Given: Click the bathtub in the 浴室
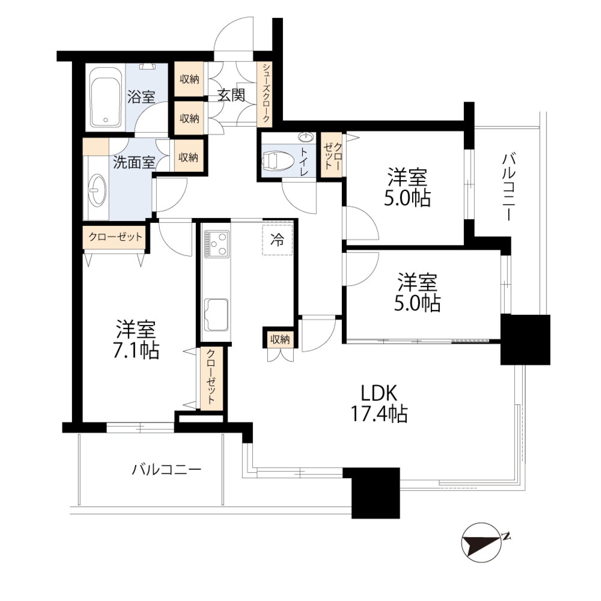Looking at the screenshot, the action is [105, 98].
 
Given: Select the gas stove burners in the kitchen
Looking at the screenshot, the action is [217, 244].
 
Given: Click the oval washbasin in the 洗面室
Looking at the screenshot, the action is [97, 190].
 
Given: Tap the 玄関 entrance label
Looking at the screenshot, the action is [231, 95].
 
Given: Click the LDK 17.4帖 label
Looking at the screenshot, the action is [379, 404].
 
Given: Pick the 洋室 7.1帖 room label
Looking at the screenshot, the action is [136, 339].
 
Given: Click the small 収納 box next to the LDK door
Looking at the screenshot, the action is [280, 339].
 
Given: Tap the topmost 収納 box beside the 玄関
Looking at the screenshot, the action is [189, 79].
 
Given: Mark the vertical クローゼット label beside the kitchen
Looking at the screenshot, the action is [211, 377].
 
